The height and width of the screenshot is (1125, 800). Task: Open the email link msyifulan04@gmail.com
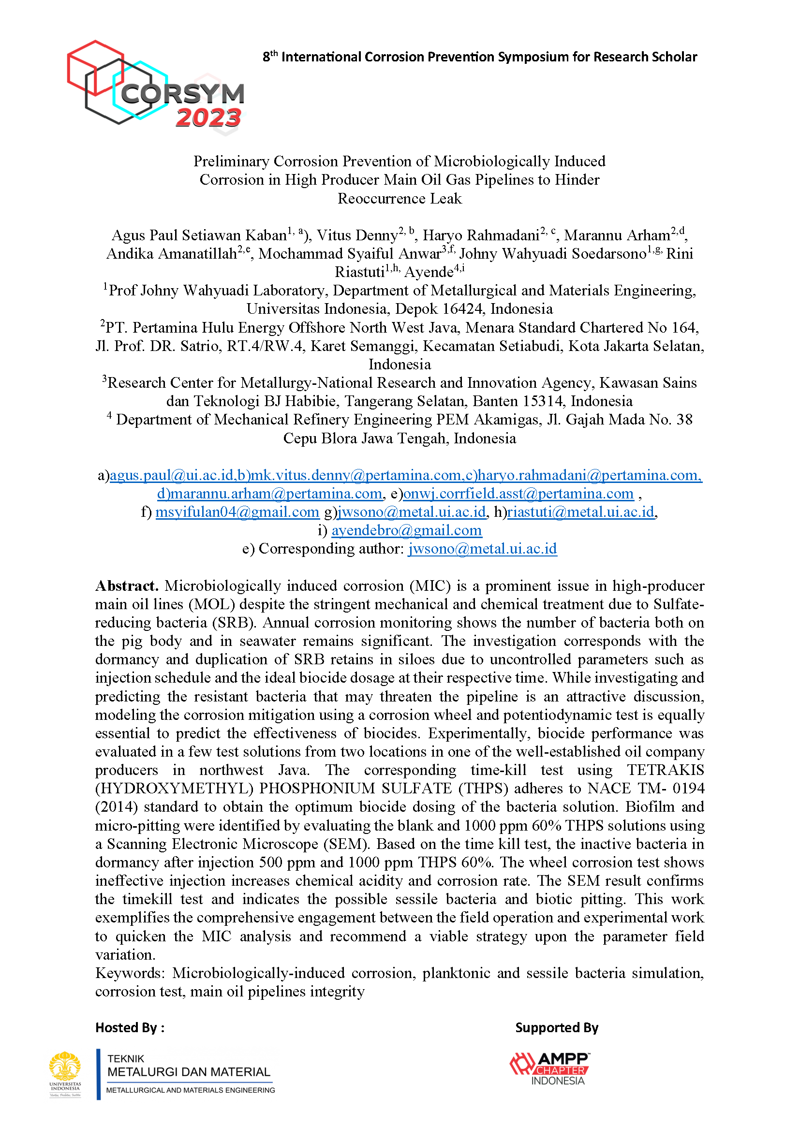pyautogui.click(x=237, y=512)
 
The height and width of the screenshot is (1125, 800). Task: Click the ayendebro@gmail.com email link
pyautogui.click(x=406, y=530)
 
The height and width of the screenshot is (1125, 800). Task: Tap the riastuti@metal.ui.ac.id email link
pyautogui.click(x=581, y=512)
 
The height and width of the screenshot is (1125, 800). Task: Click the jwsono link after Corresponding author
pyautogui.click(x=482, y=548)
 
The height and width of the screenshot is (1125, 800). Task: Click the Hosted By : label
pyautogui.click(x=130, y=1028)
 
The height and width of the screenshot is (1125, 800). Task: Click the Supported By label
pyautogui.click(x=557, y=1028)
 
